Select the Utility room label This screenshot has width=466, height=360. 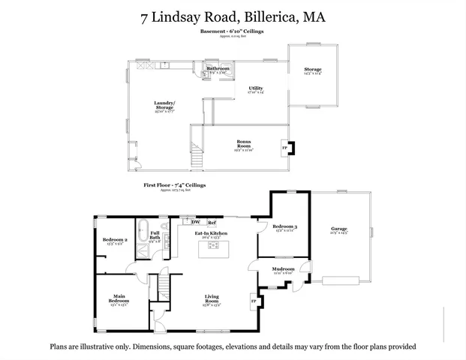[257, 89]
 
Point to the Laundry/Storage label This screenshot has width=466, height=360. [164, 105]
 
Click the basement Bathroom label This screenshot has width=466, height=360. [218, 68]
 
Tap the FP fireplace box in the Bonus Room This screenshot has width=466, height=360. [284, 148]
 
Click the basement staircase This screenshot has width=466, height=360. [198, 154]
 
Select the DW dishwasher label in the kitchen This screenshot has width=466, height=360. [195, 223]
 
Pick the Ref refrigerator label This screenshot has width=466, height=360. [212, 223]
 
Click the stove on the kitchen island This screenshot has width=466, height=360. [211, 250]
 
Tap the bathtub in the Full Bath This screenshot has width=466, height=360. [143, 229]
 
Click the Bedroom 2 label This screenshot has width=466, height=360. [115, 240]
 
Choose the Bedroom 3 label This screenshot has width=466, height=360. [284, 226]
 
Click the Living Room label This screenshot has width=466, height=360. [211, 302]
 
